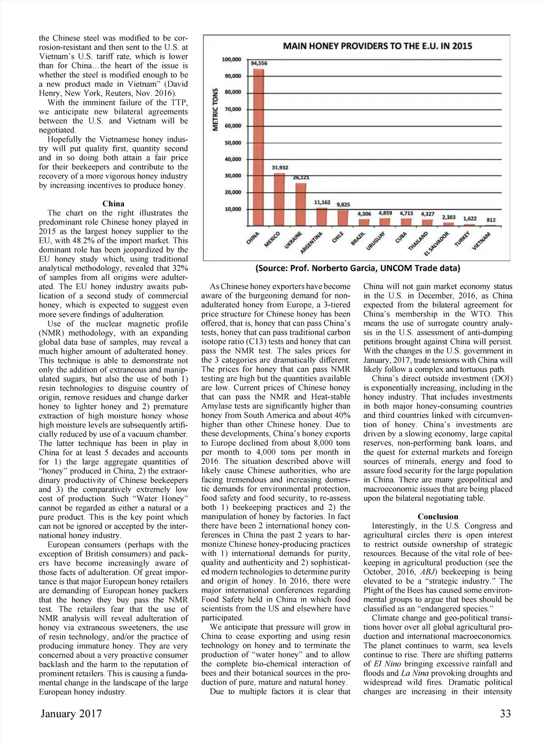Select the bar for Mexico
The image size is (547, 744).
(x=279, y=199)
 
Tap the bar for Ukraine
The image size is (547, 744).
(x=301, y=204)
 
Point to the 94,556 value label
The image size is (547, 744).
(x=259, y=63)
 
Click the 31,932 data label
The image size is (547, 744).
(x=280, y=167)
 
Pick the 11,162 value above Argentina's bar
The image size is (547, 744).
(x=322, y=203)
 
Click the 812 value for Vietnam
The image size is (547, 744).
(x=491, y=220)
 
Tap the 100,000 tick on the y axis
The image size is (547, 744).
(x=231, y=59)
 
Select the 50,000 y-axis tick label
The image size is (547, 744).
(x=232, y=143)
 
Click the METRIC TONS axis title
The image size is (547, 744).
(x=216, y=109)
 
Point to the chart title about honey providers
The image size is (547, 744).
(x=377, y=46)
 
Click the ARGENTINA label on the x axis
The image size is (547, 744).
(x=312, y=243)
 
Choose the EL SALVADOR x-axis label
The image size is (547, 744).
(x=436, y=244)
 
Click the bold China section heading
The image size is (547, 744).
(x=113, y=204)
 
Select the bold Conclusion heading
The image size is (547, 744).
(x=437, y=516)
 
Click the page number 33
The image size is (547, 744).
(x=505, y=714)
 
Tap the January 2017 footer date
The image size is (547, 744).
(x=71, y=714)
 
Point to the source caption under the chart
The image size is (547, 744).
(x=357, y=268)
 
